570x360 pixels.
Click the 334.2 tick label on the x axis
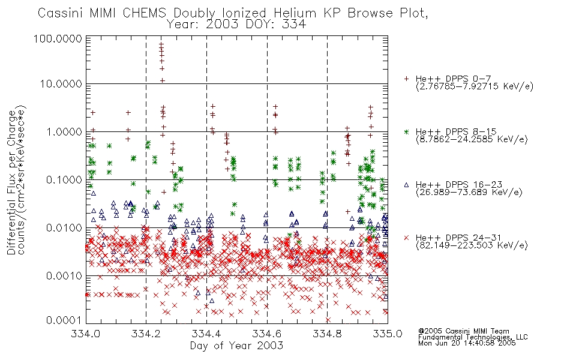click(146, 334)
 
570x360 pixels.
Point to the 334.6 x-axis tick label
click(267, 334)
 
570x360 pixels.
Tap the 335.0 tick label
click(388, 334)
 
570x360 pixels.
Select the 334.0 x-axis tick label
click(85, 334)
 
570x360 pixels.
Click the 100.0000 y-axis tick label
click(58, 38)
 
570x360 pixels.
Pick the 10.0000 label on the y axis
click(61, 84)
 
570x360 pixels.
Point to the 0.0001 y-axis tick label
click(64, 320)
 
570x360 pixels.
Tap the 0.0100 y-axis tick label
click(64, 228)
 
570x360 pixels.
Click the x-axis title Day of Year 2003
click(236, 346)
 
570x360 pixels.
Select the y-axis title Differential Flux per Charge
click(11, 182)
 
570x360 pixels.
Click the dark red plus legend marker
click(406, 79)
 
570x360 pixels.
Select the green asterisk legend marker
click(406, 131)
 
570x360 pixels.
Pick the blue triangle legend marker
click(406, 185)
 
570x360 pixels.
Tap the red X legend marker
click(406, 238)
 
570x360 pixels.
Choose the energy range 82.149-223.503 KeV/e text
click(472, 245)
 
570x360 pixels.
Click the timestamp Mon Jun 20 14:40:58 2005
click(467, 343)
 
